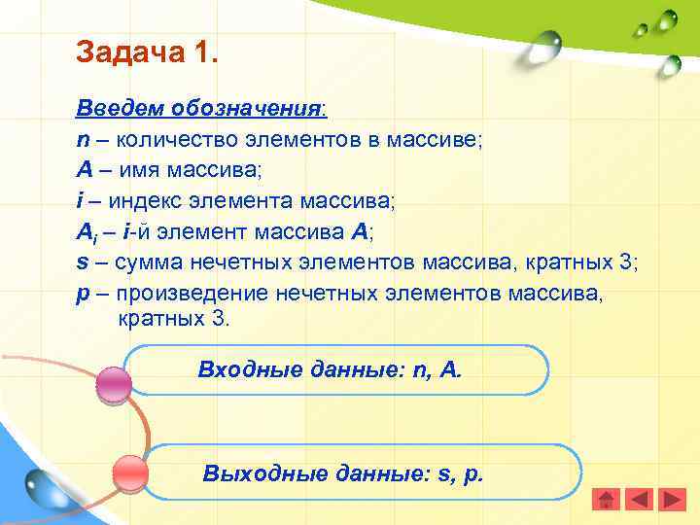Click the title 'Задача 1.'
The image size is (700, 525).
click(x=148, y=52)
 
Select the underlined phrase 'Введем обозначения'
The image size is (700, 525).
click(x=200, y=106)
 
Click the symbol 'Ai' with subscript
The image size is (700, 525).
click(x=86, y=232)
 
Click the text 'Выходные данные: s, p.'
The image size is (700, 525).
click(x=343, y=473)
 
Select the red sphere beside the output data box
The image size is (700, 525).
click(x=130, y=472)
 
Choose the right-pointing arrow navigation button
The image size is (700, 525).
click(x=673, y=499)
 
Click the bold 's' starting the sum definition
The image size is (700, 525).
click(x=82, y=262)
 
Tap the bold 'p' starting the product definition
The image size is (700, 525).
click(x=83, y=295)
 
